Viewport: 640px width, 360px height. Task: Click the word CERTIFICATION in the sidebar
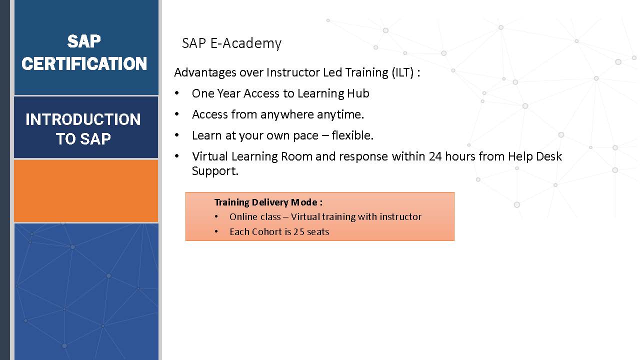(x=84, y=63)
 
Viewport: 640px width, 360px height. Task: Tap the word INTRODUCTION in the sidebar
(x=83, y=119)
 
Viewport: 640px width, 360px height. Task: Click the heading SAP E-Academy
(x=231, y=43)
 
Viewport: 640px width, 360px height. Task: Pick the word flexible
(x=352, y=135)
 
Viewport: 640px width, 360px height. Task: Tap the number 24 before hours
(x=435, y=156)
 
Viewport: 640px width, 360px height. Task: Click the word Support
(x=215, y=171)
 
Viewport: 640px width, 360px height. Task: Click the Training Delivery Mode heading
(x=268, y=202)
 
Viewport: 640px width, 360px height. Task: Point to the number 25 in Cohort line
(x=299, y=231)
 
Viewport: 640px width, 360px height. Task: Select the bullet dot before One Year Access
(x=177, y=93)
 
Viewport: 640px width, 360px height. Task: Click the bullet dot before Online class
(x=216, y=216)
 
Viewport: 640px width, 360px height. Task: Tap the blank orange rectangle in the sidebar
(x=86, y=191)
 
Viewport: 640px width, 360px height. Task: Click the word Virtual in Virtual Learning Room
(x=209, y=156)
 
